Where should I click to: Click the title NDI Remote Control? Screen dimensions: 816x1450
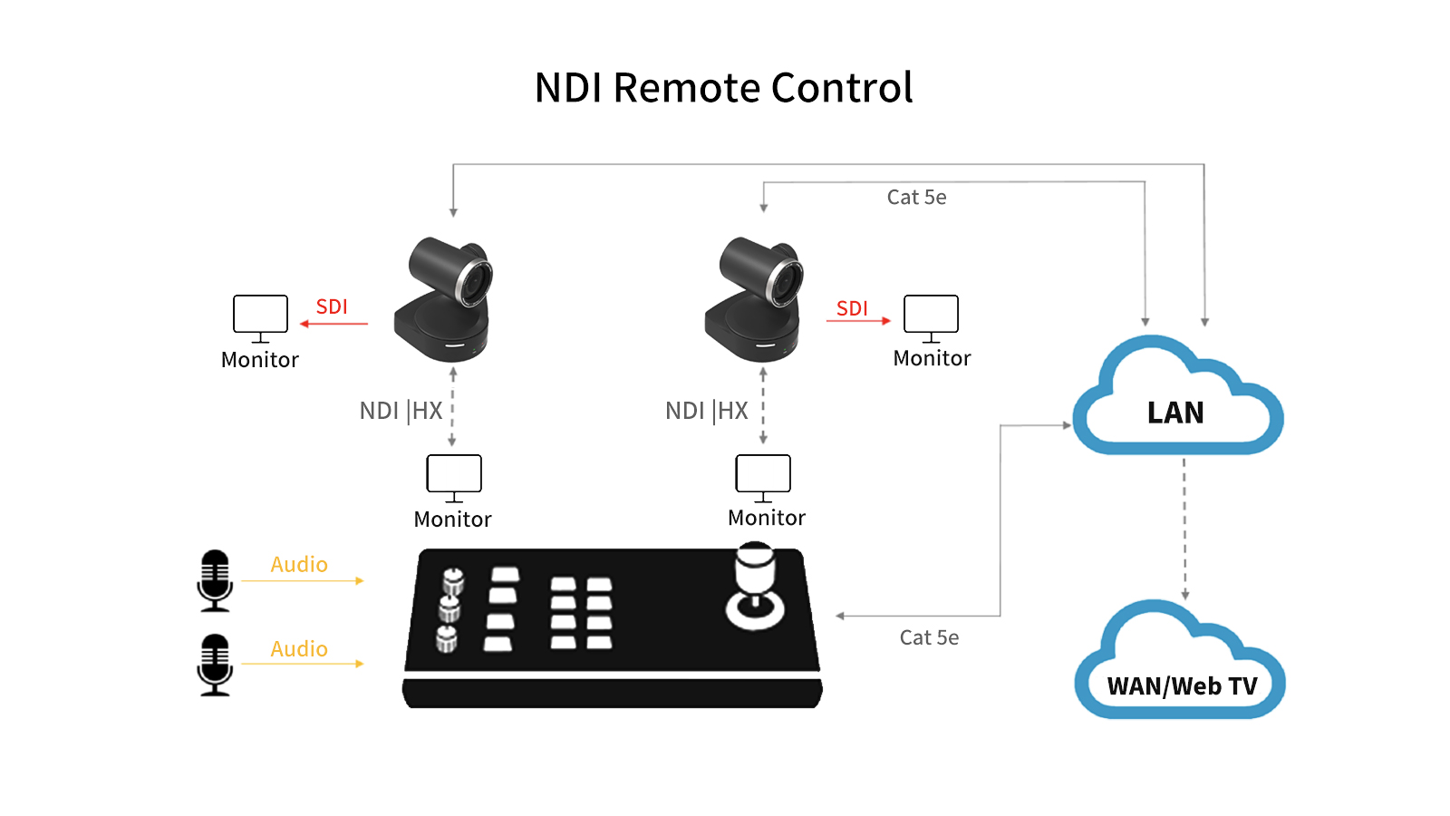723,88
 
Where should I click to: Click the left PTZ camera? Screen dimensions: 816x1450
445,299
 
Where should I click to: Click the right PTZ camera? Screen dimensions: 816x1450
755,299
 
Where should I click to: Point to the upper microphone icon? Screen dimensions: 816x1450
215,580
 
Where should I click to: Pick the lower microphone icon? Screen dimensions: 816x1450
215,665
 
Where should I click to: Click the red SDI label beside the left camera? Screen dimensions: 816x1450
332,306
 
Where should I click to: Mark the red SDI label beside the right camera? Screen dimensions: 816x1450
852,308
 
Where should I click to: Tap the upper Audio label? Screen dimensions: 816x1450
299,564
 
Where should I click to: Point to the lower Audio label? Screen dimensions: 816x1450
299,648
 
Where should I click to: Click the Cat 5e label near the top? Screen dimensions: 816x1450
916,197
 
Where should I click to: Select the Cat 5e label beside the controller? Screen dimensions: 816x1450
929,637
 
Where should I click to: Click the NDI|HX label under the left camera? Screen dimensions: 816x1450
401,411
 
